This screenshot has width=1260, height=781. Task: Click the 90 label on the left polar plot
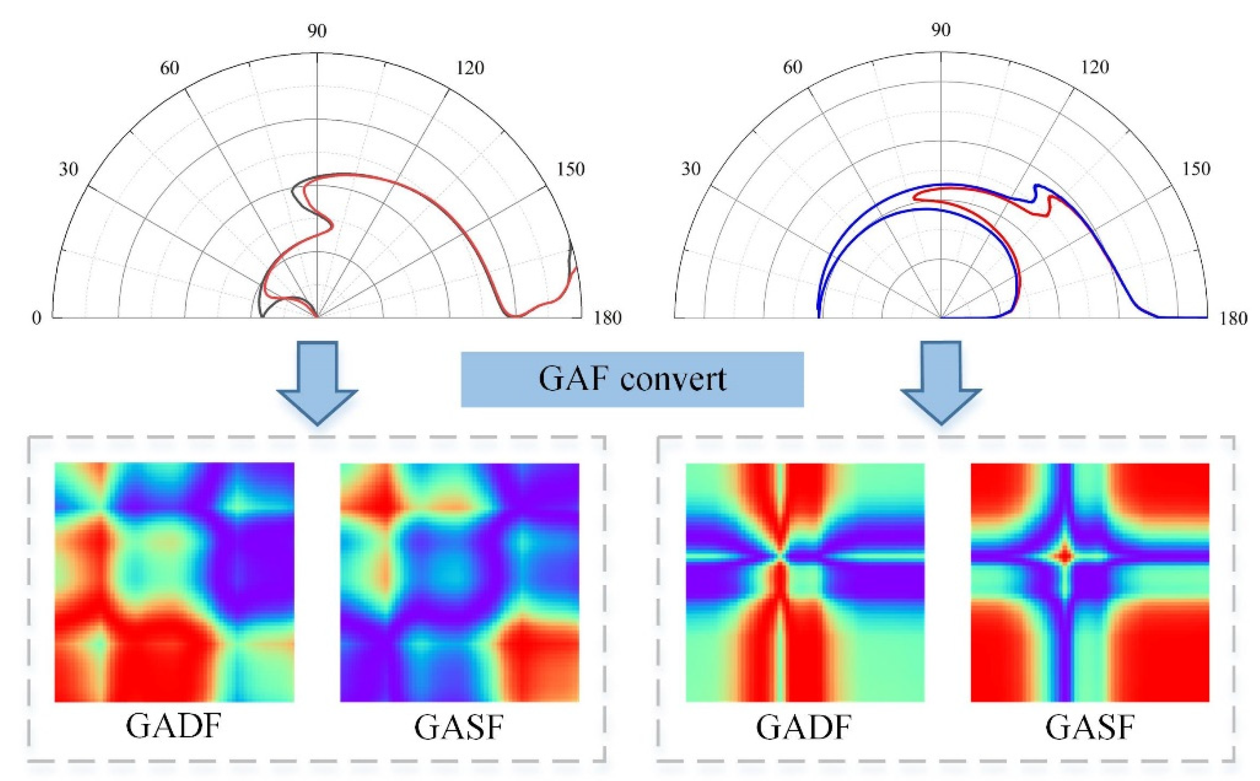point(317,32)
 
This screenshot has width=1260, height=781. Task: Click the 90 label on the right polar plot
point(940,31)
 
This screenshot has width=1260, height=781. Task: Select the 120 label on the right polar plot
point(1094,68)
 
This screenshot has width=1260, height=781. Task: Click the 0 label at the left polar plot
point(36,318)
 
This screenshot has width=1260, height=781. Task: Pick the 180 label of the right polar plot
point(1233,318)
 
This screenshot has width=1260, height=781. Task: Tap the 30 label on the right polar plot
point(691,169)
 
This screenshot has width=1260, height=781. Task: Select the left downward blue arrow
point(317,383)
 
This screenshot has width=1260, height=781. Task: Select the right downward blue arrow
point(940,383)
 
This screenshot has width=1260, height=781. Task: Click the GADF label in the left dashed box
point(174,728)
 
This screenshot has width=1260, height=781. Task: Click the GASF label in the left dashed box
point(459,728)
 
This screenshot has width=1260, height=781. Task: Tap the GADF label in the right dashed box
point(804,728)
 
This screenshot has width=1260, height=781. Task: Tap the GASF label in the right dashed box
point(1089,728)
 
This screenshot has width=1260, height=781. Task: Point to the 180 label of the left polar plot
point(607,318)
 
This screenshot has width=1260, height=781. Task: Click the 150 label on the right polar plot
point(1196,169)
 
